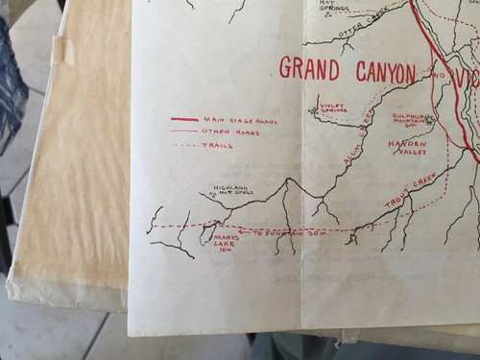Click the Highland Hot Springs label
pyautogui.click(x=235, y=191)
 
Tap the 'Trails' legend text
pyautogui.click(x=219, y=145)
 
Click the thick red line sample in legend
pyautogui.click(x=185, y=119)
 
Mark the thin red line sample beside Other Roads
pyautogui.click(x=184, y=132)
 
